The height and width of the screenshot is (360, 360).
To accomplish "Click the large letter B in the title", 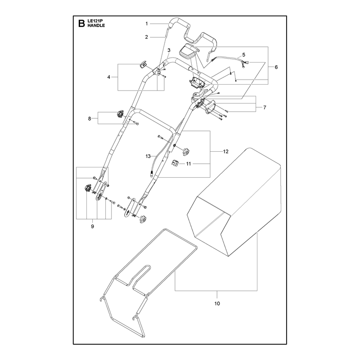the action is pos(81,23).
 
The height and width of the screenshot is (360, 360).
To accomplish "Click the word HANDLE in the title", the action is pos(96,26).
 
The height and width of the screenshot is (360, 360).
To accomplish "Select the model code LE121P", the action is pos(94,21).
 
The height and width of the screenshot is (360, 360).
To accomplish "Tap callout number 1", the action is pos(147,24).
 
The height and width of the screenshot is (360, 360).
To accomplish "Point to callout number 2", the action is pos(147,37).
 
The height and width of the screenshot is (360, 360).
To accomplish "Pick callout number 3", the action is pos(169,50).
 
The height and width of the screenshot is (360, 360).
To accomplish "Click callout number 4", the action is pos(109,77).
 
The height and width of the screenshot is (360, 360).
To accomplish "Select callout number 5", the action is pos(243,55).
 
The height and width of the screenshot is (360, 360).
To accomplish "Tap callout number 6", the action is pos(276,67).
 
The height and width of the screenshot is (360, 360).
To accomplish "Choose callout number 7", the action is pos(265,108).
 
